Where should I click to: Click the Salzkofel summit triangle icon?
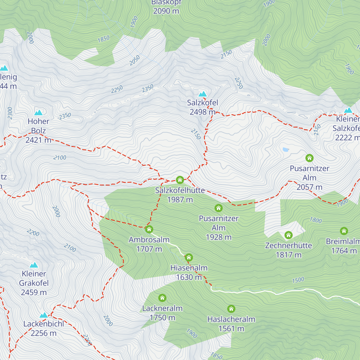[x=203, y=94]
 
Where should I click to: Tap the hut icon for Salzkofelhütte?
[x=180, y=180]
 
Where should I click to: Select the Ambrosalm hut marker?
[x=149, y=229]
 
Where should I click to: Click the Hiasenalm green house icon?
[x=189, y=257]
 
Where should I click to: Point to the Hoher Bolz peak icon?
[x=38, y=113]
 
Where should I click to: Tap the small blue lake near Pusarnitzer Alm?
[x=286, y=149]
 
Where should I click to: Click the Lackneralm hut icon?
[x=162, y=298]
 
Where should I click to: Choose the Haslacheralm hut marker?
[x=231, y=309]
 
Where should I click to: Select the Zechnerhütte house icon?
[x=289, y=235]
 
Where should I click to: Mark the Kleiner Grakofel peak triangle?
[x=34, y=265]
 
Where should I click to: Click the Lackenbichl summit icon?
[x=44, y=315]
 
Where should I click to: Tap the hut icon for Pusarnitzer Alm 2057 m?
[x=309, y=158]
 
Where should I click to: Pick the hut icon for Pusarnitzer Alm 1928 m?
[x=218, y=208]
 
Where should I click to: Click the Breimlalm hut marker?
[x=344, y=231]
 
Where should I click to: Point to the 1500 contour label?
[x=298, y=280]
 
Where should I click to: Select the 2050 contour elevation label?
[x=135, y=60]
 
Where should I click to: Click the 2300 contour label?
[x=10, y=113]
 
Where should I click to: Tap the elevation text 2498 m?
[x=202, y=112]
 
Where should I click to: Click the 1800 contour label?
[x=316, y=220]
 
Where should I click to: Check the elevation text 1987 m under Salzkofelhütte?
[x=180, y=199]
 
